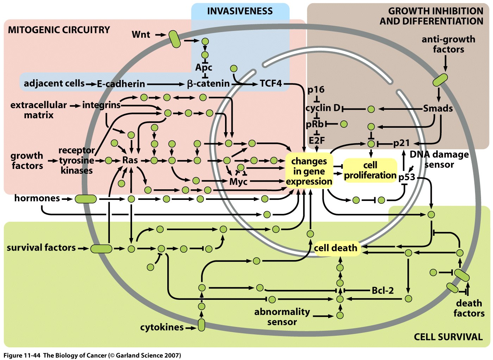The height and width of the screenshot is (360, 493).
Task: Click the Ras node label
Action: [x=130, y=160]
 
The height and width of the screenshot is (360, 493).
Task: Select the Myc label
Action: [x=238, y=182]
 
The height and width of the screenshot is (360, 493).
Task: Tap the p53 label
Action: [x=407, y=177]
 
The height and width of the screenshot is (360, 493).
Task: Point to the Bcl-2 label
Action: [x=383, y=290]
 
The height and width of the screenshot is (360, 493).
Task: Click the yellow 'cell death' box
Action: [x=336, y=248]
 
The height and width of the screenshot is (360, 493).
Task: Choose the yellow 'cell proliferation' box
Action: [x=370, y=170]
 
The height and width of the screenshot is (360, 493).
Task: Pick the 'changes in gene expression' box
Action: [x=309, y=171]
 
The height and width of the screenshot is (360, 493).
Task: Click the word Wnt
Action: [x=141, y=34]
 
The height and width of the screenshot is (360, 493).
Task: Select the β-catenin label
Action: [x=208, y=84]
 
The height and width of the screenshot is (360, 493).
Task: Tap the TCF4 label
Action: [x=271, y=83]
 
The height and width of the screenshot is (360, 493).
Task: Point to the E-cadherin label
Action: [x=121, y=84]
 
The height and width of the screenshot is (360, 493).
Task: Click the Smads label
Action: [x=438, y=108]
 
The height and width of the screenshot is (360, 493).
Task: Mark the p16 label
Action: [x=316, y=90]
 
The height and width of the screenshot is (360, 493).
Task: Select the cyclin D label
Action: [x=323, y=108]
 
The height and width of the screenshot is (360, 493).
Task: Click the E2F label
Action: [x=317, y=141]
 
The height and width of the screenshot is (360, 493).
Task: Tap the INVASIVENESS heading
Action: [x=240, y=11]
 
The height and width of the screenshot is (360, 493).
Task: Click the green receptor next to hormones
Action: [x=86, y=199]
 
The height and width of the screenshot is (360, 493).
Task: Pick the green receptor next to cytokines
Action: [x=201, y=325]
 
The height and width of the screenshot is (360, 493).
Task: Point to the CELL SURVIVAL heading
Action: [x=448, y=337]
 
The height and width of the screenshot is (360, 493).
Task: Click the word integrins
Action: [x=101, y=105]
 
